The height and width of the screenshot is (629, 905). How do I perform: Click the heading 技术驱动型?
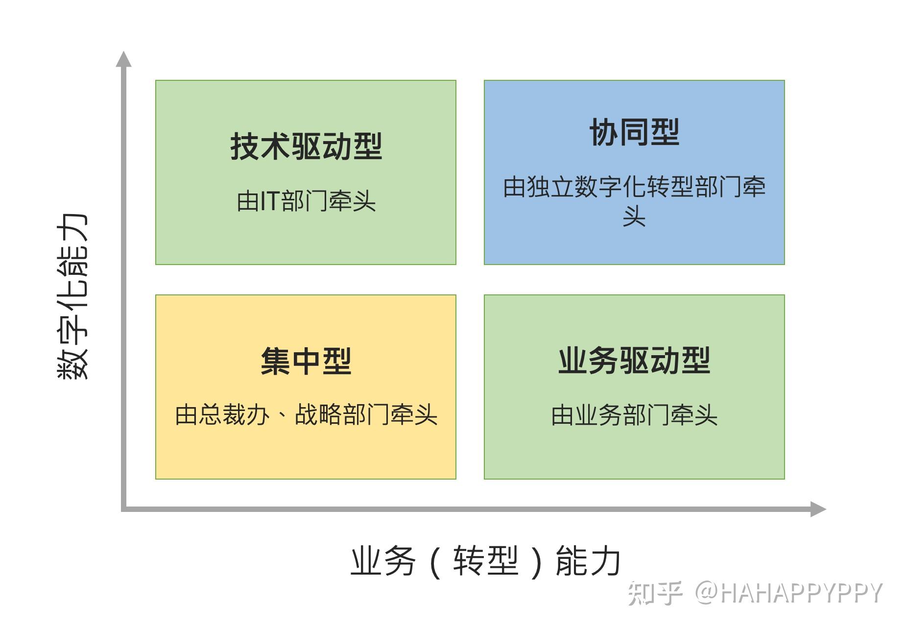(306, 146)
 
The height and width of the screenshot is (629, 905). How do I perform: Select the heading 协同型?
(634, 132)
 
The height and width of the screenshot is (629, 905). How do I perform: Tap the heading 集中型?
(306, 361)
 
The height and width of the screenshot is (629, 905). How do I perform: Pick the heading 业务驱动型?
(634, 361)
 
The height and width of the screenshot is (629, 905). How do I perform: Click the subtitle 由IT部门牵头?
(306, 201)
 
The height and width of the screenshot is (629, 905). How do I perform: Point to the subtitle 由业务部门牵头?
(634, 415)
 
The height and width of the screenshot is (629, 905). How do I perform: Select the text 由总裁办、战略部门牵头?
(306, 415)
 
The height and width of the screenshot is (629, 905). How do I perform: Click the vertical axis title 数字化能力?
(72, 296)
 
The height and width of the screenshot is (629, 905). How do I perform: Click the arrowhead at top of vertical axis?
(124, 59)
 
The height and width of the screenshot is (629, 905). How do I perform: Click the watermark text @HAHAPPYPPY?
(788, 593)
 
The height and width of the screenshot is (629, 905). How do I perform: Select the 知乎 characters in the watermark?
(655, 593)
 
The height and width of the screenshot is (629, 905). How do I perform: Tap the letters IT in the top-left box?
(270, 201)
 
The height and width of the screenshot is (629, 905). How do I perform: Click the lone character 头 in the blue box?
(634, 216)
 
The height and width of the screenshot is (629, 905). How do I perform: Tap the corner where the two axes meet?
(124, 509)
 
